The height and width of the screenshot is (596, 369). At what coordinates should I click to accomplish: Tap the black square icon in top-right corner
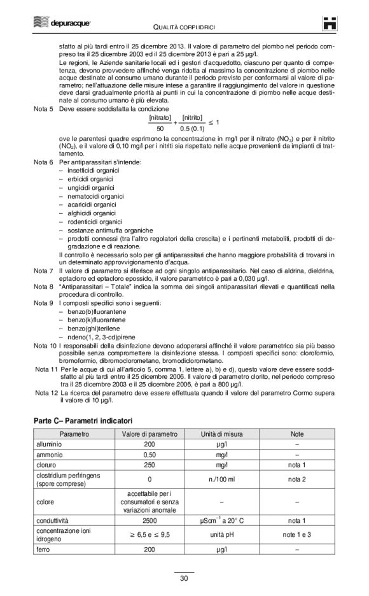(330, 23)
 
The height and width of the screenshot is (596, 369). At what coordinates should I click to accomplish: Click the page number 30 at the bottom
(184, 578)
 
